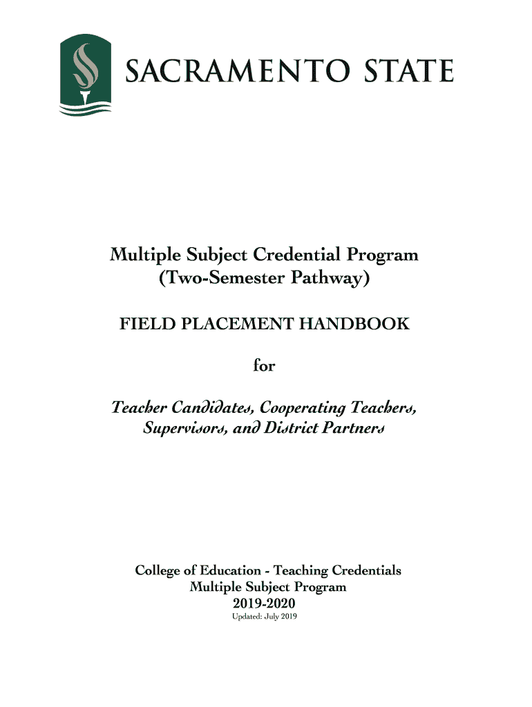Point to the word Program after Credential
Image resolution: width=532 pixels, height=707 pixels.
coord(382,256)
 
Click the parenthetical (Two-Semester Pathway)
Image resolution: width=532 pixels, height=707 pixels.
coord(265,279)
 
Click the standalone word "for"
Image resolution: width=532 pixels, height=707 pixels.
coord(264,365)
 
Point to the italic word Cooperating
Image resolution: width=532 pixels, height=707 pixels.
coord(302,408)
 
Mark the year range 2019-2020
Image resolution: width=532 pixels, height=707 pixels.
coord(265,603)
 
